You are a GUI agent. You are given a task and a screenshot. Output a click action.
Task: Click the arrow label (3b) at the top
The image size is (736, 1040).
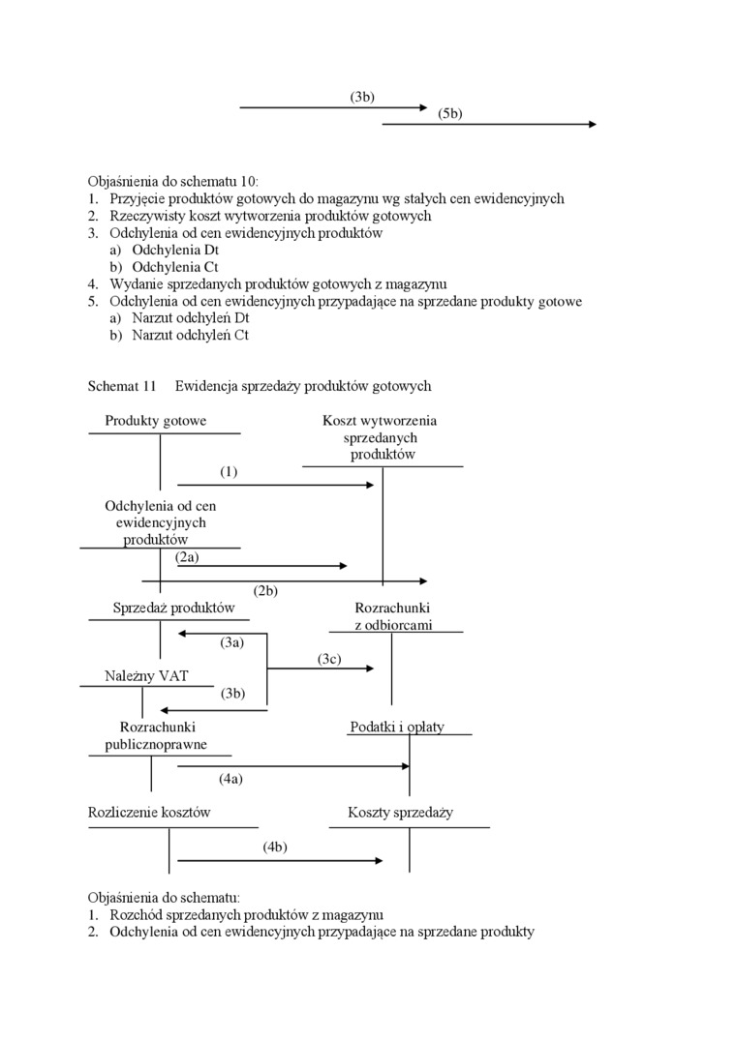coord(362,97)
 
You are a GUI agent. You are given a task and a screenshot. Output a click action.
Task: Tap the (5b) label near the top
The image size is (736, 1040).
coord(449,113)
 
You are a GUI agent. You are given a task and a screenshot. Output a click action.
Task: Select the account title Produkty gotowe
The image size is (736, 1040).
coord(155,421)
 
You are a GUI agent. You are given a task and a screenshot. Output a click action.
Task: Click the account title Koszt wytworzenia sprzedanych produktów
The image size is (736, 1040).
coord(380,437)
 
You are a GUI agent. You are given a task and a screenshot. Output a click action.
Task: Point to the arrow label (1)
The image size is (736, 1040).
coord(228,472)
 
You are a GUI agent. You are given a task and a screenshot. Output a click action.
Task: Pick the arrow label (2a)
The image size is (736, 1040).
coord(187,557)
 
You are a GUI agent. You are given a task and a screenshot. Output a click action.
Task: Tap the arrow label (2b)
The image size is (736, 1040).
coord(265,591)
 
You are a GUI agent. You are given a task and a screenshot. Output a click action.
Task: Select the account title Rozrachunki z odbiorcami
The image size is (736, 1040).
coord(392,616)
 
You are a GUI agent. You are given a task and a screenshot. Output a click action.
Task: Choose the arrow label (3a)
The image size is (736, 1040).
coord(231,642)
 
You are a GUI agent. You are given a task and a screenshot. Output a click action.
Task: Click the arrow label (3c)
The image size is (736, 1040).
coord(329,659)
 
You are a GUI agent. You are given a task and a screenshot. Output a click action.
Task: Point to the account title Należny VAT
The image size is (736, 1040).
coord(146,676)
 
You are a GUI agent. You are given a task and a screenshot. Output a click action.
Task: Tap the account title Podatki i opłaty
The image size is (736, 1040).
coord(397,727)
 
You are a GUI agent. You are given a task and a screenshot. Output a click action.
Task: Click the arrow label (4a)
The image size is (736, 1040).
coord(230,778)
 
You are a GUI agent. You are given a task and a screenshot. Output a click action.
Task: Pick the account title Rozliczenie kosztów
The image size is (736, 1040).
coord(149,813)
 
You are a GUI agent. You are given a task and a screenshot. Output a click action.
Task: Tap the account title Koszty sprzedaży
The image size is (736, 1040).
coord(400,813)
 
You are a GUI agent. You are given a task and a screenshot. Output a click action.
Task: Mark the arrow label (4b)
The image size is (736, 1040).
coord(275,847)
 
